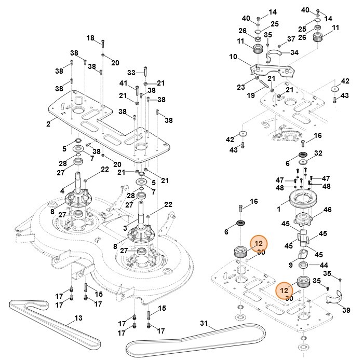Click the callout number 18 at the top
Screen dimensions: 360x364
[90, 38]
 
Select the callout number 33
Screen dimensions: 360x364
[131, 72]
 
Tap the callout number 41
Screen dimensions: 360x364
[123, 83]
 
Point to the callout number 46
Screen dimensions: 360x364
[342, 210]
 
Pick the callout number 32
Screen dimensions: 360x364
[318, 153]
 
